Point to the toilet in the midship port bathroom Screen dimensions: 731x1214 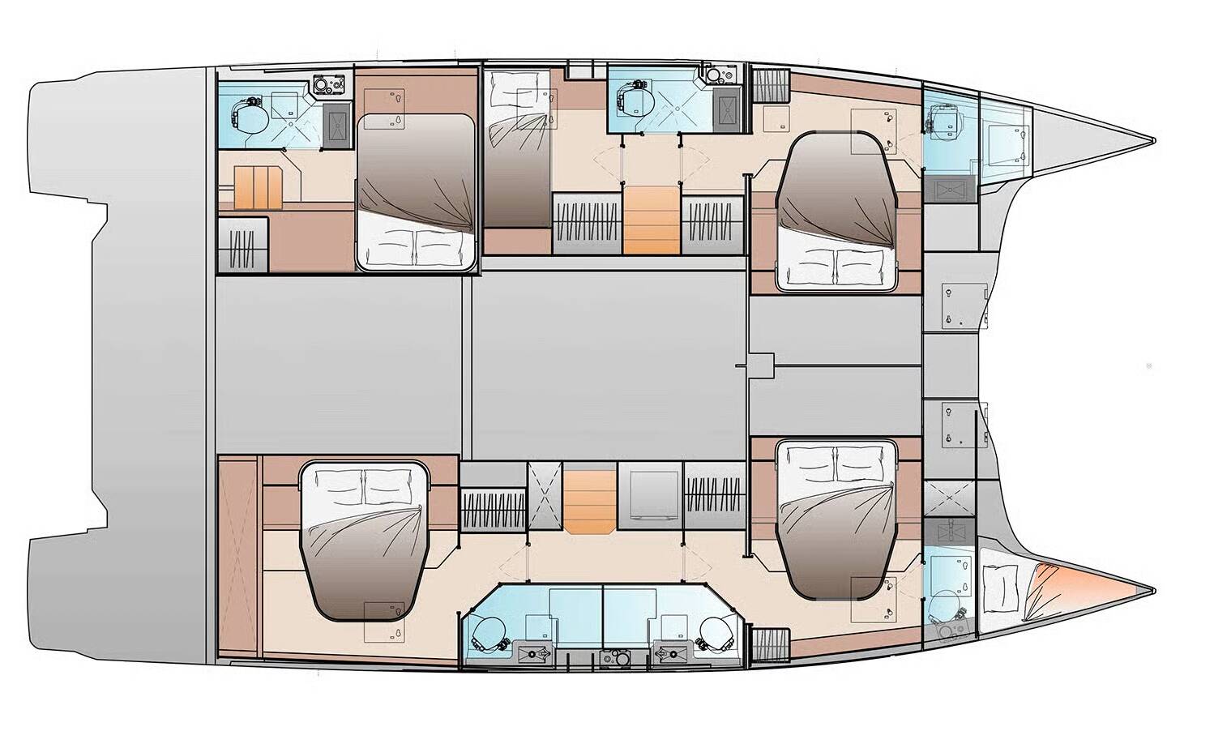coord(631,100)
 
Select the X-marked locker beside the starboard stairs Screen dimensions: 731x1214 coord(544,495)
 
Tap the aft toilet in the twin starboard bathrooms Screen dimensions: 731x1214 coord(487,631)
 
